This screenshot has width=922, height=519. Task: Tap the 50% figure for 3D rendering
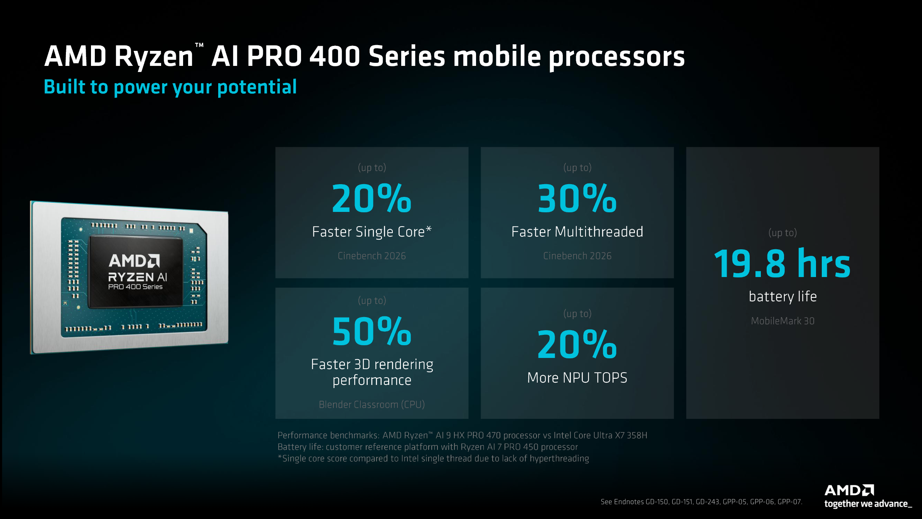(372, 331)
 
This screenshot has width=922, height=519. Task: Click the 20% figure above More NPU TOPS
(577, 344)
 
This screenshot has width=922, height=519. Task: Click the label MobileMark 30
(782, 321)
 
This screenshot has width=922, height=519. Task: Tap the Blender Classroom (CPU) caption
(372, 405)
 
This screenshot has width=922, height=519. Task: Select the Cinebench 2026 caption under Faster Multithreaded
(577, 256)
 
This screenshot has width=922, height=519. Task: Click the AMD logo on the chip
(134, 261)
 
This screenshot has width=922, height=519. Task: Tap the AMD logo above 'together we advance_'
(849, 490)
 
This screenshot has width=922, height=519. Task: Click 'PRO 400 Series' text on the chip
(135, 287)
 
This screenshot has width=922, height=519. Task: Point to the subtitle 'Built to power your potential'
(170, 87)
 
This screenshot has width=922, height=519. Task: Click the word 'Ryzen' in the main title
(153, 57)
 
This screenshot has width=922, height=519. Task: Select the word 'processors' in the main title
(616, 57)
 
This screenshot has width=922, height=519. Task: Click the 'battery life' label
(782, 297)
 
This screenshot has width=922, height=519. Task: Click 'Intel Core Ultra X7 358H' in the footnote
(600, 435)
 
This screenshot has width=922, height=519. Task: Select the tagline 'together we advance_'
(868, 504)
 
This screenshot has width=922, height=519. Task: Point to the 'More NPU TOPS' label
(577, 378)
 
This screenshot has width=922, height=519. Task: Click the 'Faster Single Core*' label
(372, 232)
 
